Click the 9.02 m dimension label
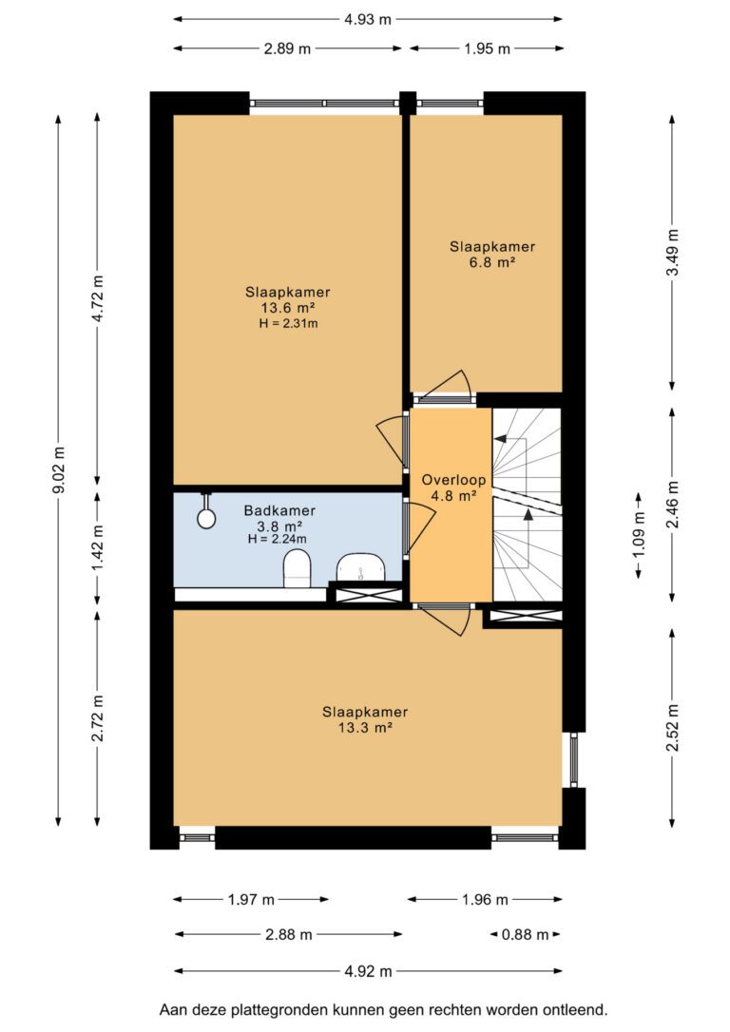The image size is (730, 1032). click(59, 469)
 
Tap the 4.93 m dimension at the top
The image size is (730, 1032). click(367, 19)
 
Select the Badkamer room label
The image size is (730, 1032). click(279, 510)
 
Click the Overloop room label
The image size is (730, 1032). click(453, 480)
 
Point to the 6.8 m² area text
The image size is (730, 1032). click(491, 262)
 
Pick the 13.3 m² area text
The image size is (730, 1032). click(365, 727)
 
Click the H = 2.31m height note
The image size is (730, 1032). click(288, 323)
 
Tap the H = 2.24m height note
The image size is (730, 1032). click(278, 539)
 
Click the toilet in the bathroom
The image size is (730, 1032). click(297, 568)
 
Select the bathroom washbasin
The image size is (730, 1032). click(360, 566)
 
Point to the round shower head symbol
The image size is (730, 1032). click(206, 518)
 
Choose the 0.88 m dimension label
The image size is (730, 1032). click(526, 934)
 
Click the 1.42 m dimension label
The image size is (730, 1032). click(97, 548)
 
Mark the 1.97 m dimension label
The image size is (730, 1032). click(251, 899)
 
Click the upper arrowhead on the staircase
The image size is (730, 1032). click(500, 438)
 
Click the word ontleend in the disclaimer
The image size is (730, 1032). click(574, 1009)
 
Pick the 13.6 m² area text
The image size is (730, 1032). click(288, 307)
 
